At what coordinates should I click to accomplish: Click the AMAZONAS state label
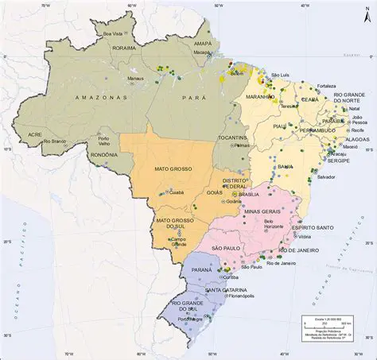(101, 97)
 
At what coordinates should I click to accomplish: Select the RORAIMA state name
(125, 48)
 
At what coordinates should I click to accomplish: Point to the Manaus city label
(135, 79)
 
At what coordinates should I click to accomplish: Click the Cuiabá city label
(177, 192)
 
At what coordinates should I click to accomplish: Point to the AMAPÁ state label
(203, 43)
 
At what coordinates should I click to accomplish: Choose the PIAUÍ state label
(279, 125)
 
